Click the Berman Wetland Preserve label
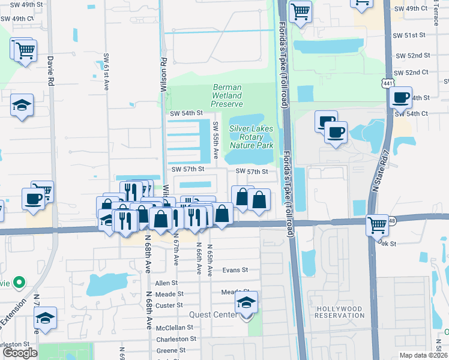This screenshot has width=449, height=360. (227, 95)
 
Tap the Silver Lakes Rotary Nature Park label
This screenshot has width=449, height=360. (251, 137)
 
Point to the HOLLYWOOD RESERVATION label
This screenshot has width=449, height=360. (339, 313)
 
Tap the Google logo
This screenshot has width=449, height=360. (20, 353)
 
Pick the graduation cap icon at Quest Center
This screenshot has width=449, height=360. (246, 303)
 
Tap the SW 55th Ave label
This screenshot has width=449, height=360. (215, 140)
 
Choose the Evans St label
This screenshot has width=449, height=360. (235, 271)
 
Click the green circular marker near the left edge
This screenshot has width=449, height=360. (19, 281)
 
